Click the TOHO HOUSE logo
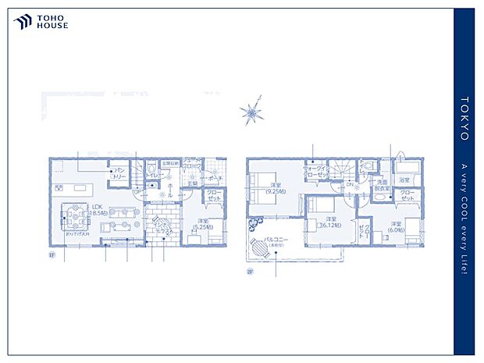pos(41,23)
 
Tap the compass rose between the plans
pos(252,114)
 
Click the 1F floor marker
pos(52,255)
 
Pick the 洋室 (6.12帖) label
pos(331,222)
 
